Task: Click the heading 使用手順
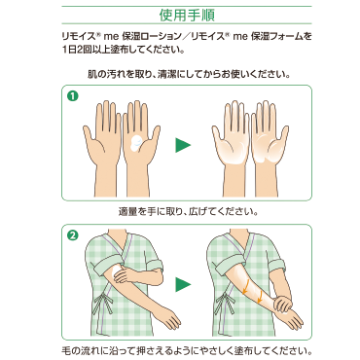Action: pos(187,15)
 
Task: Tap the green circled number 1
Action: pos(73,96)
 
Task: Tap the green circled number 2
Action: pos(73,235)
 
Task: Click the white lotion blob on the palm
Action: pos(136,143)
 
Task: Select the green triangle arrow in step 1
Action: pos(183,145)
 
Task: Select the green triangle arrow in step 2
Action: pos(183,284)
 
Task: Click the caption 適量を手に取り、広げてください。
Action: pos(189,212)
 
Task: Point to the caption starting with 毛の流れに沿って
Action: pos(187,351)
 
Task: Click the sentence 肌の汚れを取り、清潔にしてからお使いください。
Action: pos(189,75)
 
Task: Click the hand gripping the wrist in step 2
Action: pos(283,304)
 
